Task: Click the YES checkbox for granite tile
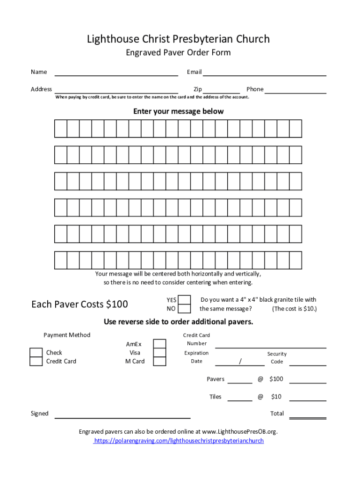[185, 300]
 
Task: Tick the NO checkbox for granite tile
[185, 309]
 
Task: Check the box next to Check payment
[36, 353]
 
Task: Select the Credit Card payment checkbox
[36, 362]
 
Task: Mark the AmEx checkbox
[160, 344]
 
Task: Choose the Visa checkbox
[160, 353]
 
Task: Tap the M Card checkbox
[160, 362]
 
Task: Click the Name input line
[116, 73]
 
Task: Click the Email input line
[264, 73]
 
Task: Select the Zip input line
[222, 90]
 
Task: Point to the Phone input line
[295, 90]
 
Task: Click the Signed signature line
[122, 415]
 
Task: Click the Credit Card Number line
[270, 346]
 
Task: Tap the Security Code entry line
[308, 363]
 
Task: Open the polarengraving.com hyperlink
[179, 441]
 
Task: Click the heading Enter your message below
[179, 111]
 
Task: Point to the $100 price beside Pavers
[276, 379]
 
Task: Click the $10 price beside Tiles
[276, 397]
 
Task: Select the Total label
[277, 414]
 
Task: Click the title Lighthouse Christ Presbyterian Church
[179, 39]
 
